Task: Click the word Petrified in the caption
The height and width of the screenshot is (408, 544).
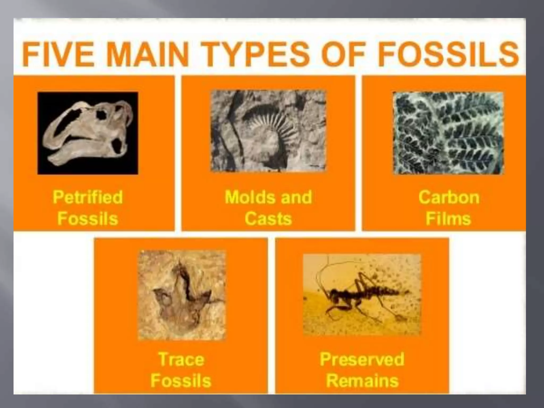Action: tap(88, 197)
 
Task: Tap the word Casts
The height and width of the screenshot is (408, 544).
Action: tap(268, 219)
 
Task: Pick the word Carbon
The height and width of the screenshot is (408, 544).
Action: tap(449, 197)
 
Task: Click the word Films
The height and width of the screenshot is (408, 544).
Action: tap(448, 219)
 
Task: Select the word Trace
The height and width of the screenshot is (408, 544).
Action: tap(181, 359)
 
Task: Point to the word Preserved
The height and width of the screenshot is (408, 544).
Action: tap(362, 359)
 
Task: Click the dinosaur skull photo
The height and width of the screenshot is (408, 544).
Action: tap(88, 133)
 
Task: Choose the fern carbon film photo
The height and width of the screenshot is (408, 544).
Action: tap(448, 133)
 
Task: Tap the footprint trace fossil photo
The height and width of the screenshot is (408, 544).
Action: tap(182, 295)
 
